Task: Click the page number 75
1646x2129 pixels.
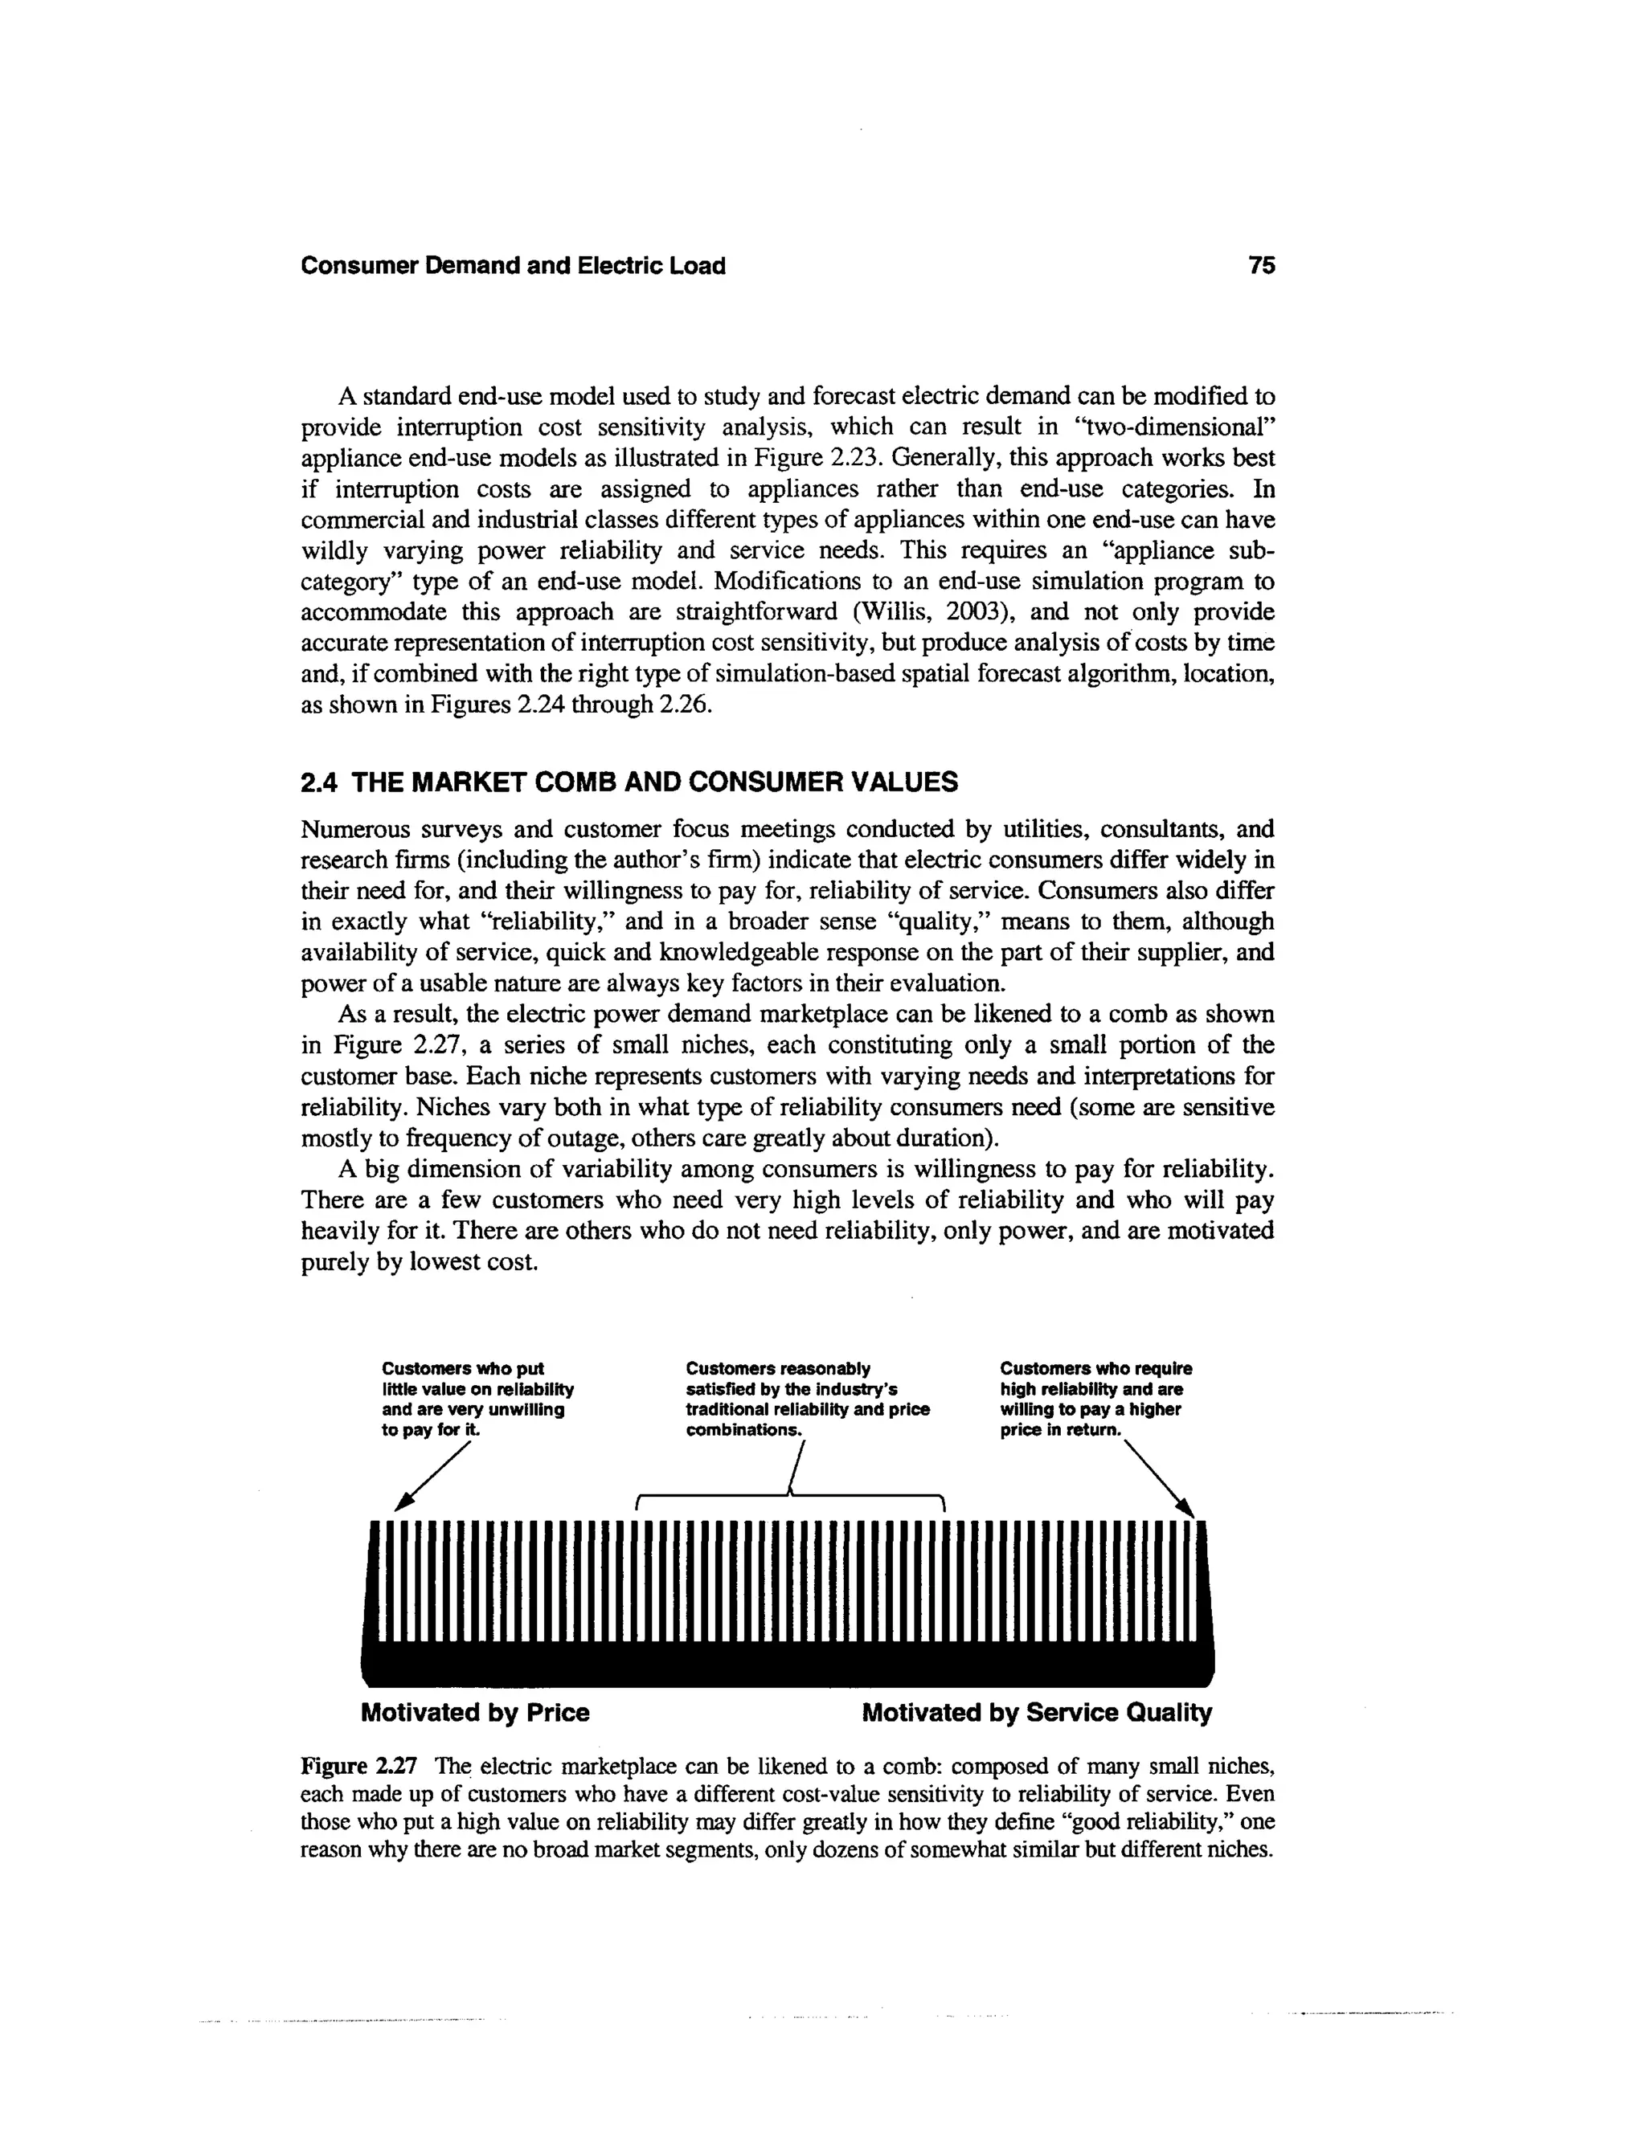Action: coord(1261,265)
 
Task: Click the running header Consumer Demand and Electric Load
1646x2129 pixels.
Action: coord(513,266)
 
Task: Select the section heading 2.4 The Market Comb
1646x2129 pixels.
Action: coord(629,782)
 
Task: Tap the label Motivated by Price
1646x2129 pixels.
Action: coord(475,1713)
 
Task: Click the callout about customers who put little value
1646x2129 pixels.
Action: coord(477,1399)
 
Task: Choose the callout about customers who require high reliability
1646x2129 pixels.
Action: coord(1095,1399)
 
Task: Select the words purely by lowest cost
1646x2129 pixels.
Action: coord(420,1262)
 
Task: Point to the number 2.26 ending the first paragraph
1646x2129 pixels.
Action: coord(686,705)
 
